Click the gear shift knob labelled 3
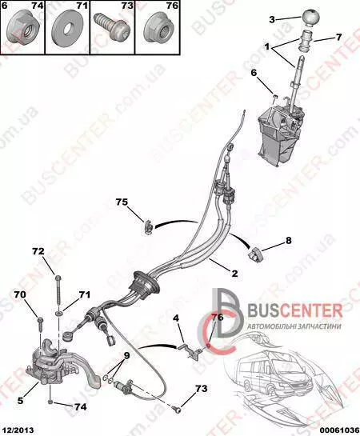(x=310, y=18)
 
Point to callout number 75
(x=122, y=202)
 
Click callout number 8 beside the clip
(x=288, y=240)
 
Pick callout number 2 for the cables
(x=234, y=274)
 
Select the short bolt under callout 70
(x=39, y=323)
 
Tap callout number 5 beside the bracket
(x=20, y=400)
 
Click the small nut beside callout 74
(x=50, y=402)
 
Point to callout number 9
(x=126, y=355)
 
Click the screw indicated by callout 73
(x=176, y=409)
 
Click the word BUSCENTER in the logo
(x=294, y=310)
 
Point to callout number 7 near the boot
(x=338, y=37)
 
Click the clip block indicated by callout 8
(x=256, y=254)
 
